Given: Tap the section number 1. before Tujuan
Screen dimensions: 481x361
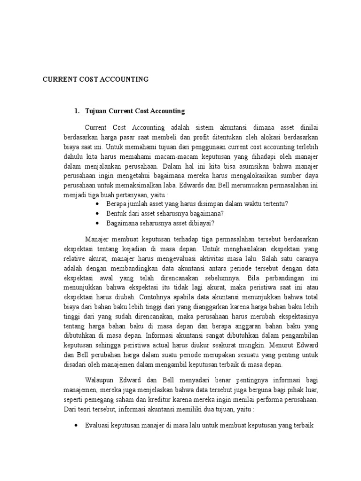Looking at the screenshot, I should click(77, 111).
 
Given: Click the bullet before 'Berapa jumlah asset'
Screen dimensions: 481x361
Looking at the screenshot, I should click(97, 203).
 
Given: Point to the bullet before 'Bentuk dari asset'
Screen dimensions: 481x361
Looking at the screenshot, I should click(97, 213).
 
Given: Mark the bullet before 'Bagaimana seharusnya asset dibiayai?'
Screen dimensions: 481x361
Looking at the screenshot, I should click(97, 223).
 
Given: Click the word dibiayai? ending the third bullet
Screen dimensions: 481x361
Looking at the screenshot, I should click(201, 223).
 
